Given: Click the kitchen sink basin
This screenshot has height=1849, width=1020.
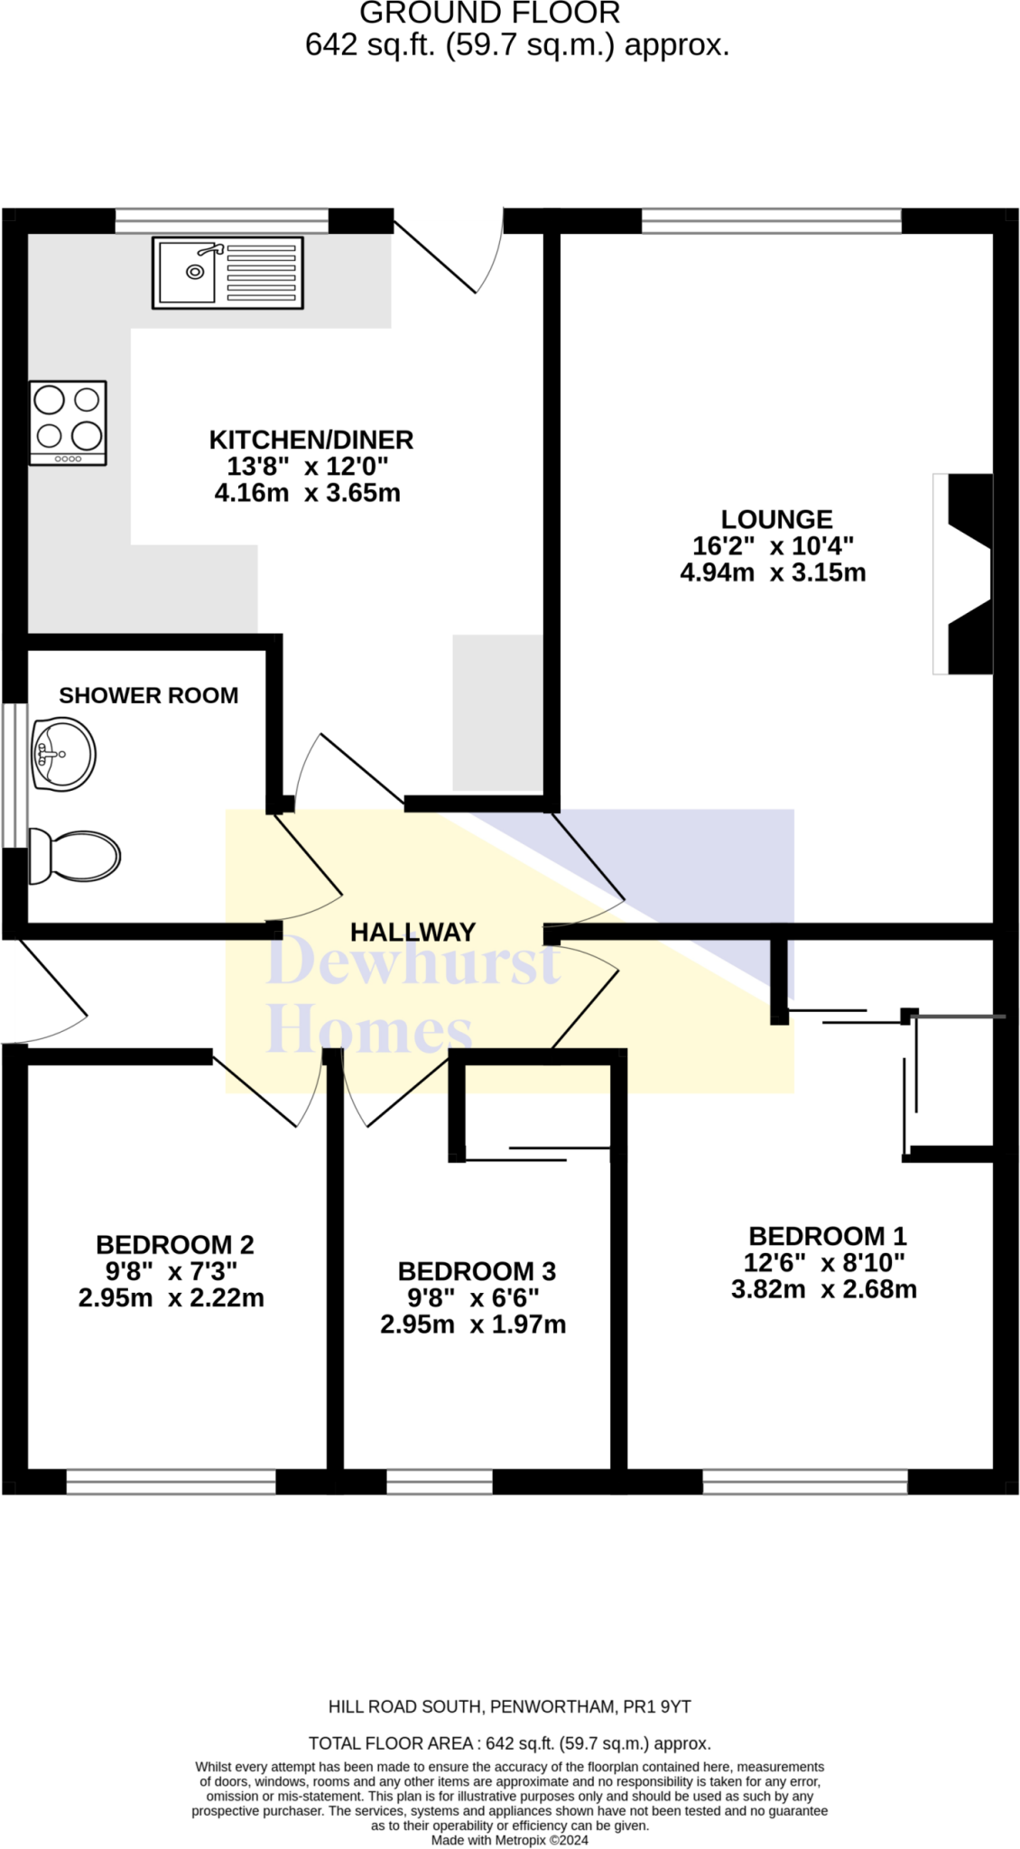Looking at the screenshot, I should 188,271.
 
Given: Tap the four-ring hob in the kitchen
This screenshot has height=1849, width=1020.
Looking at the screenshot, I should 68,423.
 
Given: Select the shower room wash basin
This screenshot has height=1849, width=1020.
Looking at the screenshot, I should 63,754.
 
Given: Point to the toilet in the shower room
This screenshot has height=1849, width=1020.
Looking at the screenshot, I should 76,856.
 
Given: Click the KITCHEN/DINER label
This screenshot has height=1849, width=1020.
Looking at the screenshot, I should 311,440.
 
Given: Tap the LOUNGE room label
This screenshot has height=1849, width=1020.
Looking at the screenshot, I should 776,519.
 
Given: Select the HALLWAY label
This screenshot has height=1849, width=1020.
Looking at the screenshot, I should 413,932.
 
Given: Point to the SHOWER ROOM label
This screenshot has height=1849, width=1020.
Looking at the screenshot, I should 149,695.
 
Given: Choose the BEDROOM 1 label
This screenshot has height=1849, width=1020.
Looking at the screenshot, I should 827,1236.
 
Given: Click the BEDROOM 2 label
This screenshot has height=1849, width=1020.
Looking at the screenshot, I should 175,1245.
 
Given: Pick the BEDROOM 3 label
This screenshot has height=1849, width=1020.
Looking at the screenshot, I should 477,1271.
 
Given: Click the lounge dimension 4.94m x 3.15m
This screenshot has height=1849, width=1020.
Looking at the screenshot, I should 773,572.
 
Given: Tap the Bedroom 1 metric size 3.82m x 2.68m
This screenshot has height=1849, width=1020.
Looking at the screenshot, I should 823,1289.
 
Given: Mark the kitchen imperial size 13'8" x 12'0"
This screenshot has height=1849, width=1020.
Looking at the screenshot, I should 308,466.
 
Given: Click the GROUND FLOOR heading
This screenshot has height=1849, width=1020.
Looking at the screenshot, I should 490,14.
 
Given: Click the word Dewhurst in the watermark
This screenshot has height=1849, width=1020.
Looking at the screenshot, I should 413,962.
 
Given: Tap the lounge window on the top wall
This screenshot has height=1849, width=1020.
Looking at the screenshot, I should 771,220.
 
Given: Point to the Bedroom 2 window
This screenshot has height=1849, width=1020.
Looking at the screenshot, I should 172,1482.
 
